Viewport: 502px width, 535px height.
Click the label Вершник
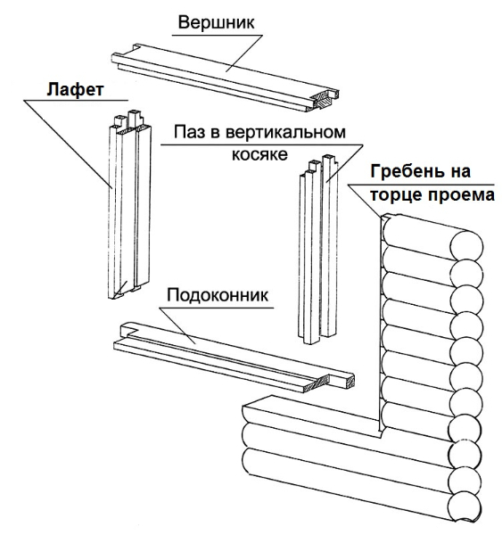(216, 22)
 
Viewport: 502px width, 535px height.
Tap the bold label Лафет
(75, 89)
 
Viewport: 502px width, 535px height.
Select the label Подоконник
(218, 295)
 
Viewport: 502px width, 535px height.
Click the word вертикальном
(285, 132)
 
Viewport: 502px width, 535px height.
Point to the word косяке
(259, 154)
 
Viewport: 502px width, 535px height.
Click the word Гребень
(407, 171)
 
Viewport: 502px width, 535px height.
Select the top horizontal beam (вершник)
(226, 78)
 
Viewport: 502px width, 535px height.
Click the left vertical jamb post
(129, 205)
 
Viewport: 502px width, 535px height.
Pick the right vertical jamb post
(318, 249)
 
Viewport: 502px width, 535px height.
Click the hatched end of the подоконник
(318, 384)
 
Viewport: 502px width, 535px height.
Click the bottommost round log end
(465, 507)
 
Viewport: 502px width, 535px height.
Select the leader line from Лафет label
(68, 144)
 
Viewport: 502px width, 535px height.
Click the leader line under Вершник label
(244, 53)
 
